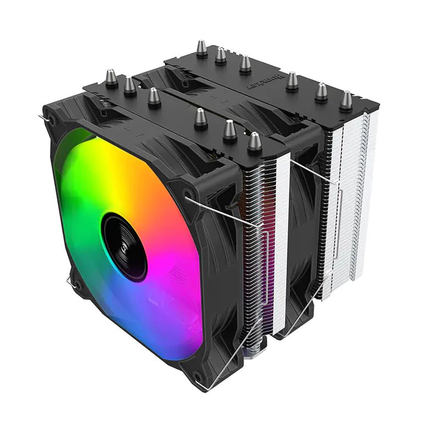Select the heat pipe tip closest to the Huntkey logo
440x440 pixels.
[292, 81]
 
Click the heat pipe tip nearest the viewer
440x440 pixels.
[254, 141]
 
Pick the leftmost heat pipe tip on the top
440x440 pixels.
[111, 78]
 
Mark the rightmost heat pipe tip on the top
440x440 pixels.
[345, 100]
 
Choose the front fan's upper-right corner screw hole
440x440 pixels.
[190, 195]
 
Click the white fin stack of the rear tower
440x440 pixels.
[352, 209]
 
